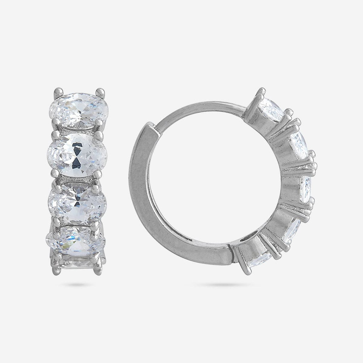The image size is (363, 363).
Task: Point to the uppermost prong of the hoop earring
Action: coord(262,90)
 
